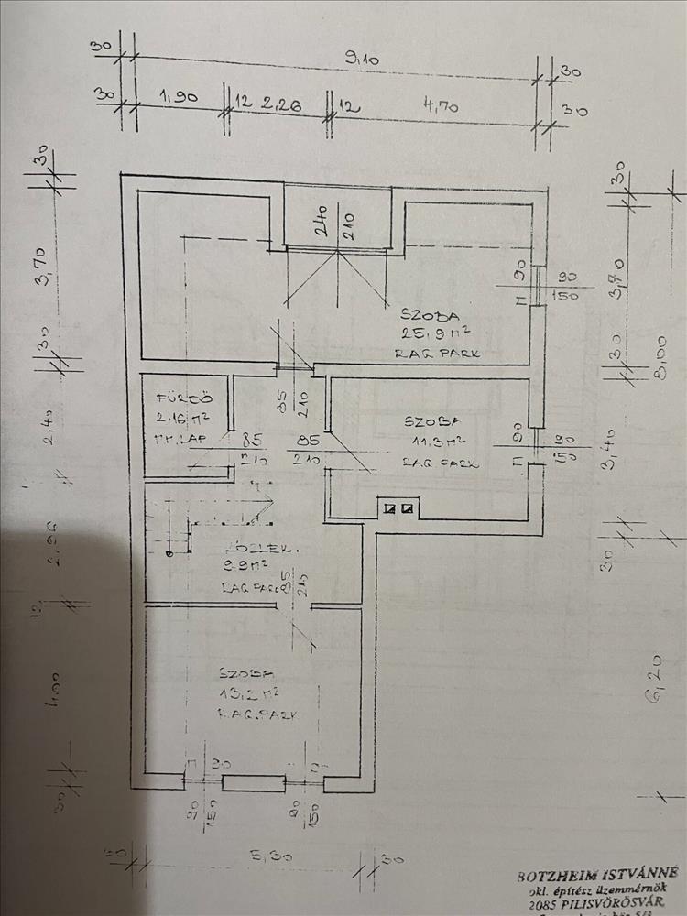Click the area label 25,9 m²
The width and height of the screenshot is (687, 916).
click(423, 333)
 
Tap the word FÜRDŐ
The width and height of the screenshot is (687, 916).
click(174, 399)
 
